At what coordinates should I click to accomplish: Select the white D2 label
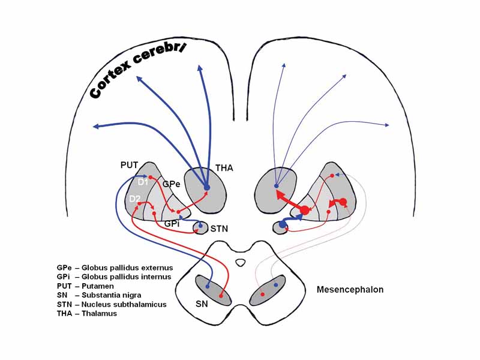[x=135, y=199]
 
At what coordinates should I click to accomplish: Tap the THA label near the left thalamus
[x=224, y=169]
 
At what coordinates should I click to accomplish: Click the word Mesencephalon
[x=350, y=290]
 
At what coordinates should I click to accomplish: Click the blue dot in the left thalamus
[x=207, y=188]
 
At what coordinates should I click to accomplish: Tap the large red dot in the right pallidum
[x=304, y=210]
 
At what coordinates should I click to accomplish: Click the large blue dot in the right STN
[x=283, y=224]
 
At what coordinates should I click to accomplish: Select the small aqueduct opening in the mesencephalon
[x=241, y=262]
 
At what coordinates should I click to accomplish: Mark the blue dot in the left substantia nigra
[x=208, y=286]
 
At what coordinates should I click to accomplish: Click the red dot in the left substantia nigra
[x=221, y=295]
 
